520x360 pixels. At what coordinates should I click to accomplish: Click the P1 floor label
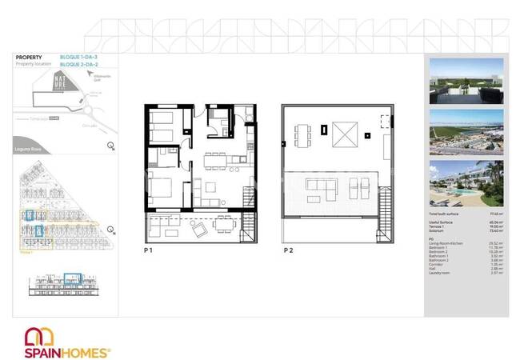148,250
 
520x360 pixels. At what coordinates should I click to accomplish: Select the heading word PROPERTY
30,58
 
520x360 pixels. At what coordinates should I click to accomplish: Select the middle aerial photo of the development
466,131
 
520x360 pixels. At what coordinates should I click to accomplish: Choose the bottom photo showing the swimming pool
466,183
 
